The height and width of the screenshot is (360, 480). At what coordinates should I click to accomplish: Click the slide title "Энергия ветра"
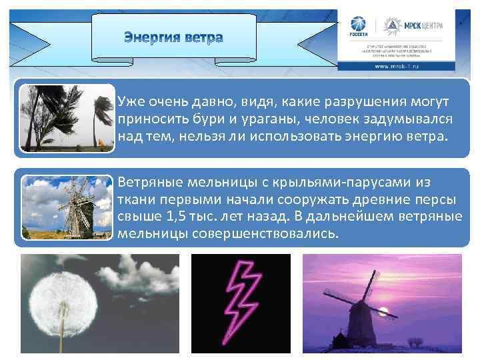[x=173, y=37]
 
